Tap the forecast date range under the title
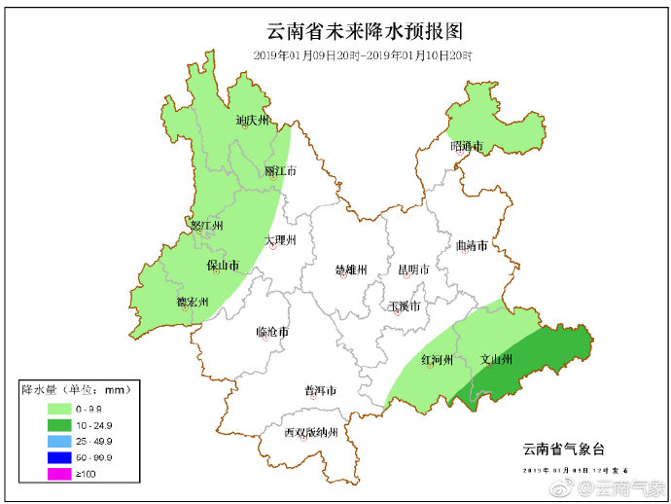point(363,55)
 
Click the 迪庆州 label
point(252,122)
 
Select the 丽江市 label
point(280,170)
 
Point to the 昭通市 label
point(467,146)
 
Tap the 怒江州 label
point(207,226)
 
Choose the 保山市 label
point(223,265)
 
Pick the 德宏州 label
point(192,303)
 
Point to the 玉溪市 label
point(404,306)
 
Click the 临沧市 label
point(272,332)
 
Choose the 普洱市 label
point(320,391)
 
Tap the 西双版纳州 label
point(310,433)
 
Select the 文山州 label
point(496,360)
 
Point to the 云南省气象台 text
point(563,449)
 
